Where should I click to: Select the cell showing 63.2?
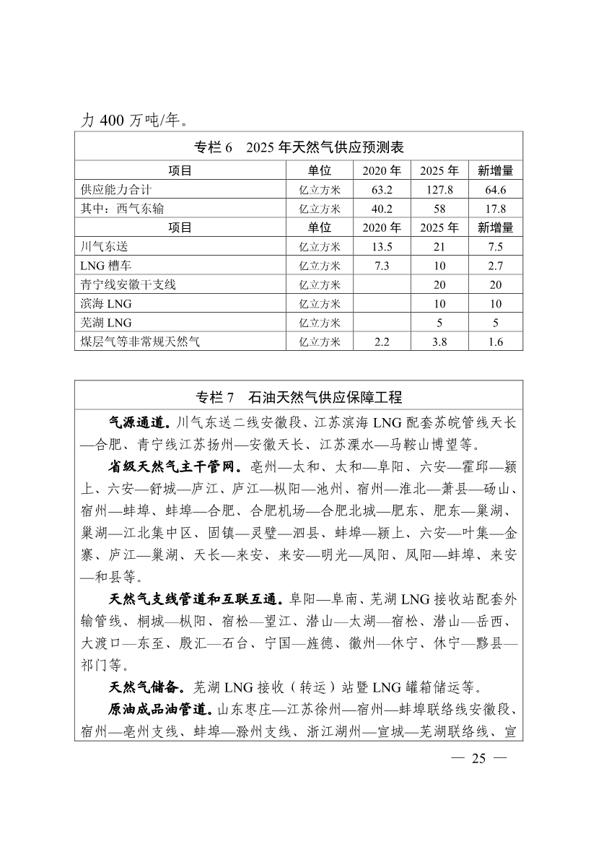point(381,190)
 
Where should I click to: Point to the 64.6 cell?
point(495,190)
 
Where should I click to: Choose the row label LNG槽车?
point(107,266)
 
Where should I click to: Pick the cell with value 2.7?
point(495,266)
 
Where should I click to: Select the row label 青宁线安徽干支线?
point(128,284)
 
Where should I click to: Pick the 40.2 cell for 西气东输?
point(381,209)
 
